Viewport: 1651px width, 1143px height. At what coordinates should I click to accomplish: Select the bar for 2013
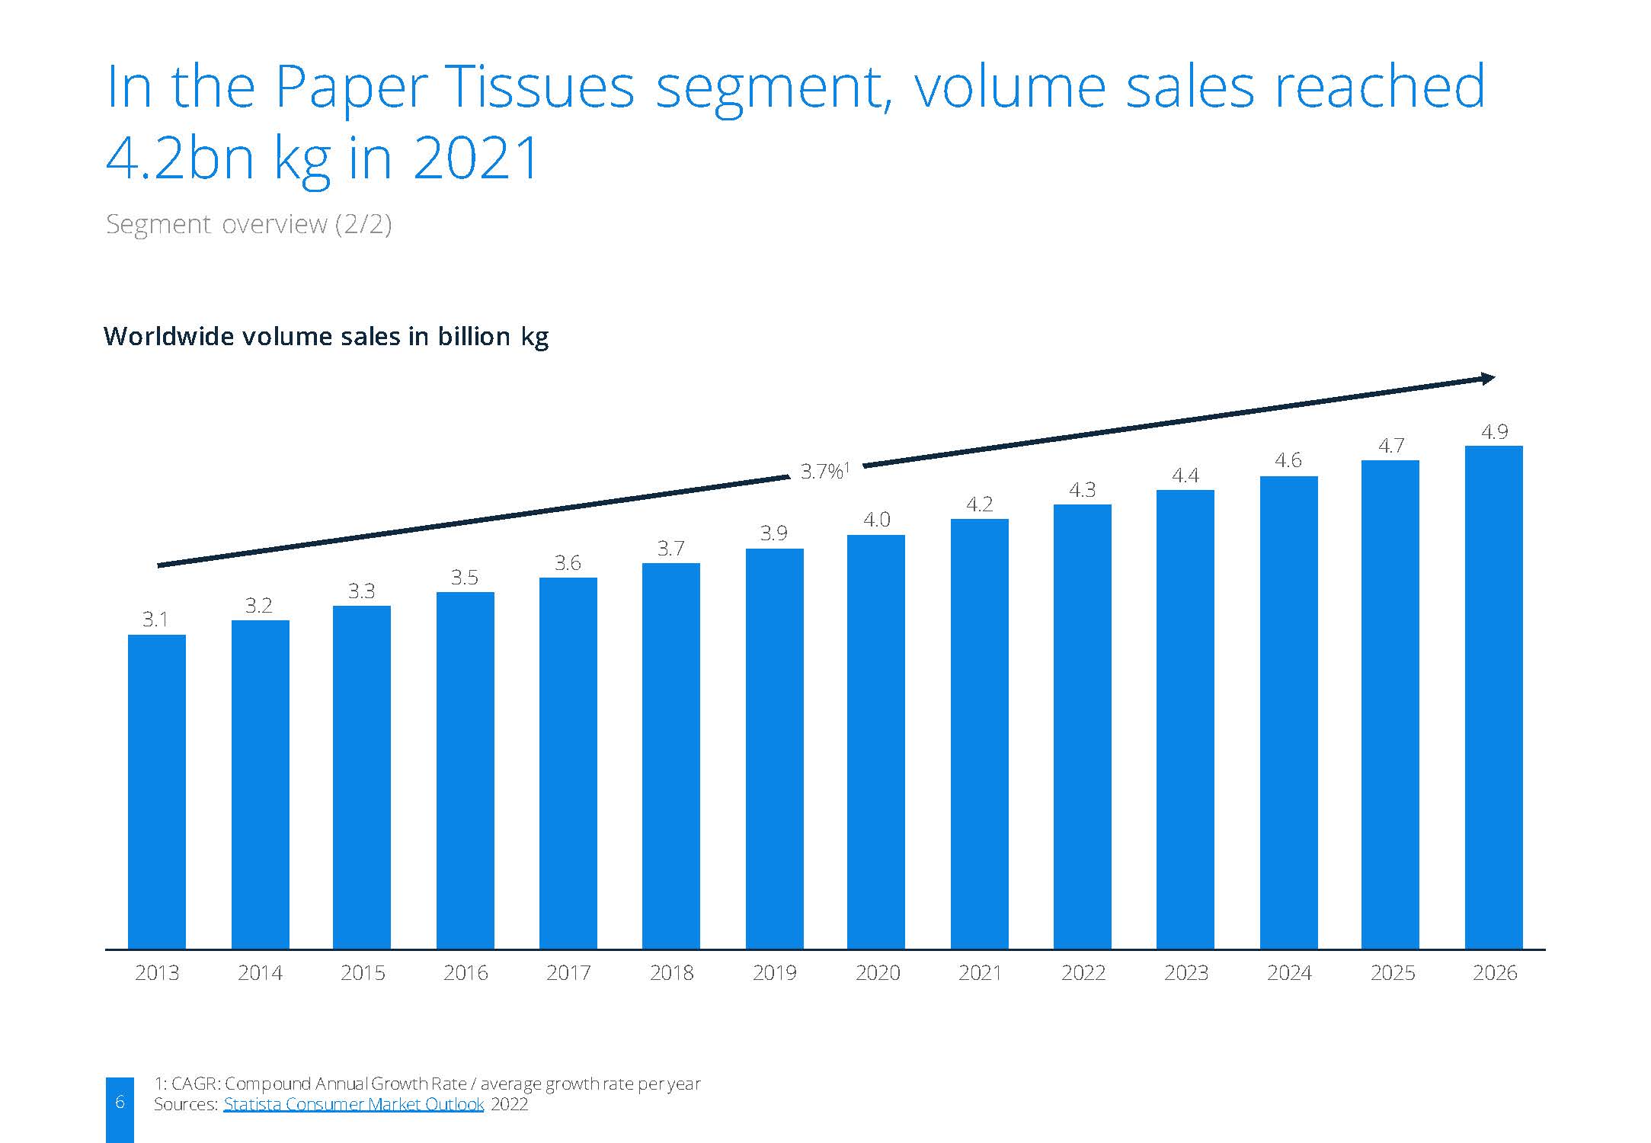(x=156, y=792)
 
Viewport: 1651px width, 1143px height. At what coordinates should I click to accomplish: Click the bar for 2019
(x=774, y=749)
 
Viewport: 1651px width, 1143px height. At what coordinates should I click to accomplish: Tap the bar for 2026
(x=1493, y=697)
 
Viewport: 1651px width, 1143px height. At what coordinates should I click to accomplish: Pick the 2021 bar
(x=979, y=734)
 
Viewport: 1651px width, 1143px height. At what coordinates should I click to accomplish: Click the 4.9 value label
(x=1494, y=432)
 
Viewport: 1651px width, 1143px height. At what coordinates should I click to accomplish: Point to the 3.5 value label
(x=465, y=577)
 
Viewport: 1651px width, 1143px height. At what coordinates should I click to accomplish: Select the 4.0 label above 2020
(x=876, y=520)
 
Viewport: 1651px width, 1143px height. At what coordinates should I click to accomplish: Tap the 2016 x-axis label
(x=466, y=972)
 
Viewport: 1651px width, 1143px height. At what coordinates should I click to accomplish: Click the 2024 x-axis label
(x=1289, y=972)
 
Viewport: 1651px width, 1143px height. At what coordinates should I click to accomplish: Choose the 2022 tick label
(x=1083, y=972)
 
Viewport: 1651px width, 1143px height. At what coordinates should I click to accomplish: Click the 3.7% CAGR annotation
(x=824, y=471)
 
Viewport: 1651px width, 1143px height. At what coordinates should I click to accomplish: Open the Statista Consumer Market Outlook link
(x=354, y=1104)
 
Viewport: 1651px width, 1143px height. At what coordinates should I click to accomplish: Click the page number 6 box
(x=120, y=1109)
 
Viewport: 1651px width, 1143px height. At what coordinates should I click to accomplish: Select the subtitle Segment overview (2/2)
(x=248, y=224)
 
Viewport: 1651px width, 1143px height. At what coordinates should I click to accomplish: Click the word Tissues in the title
(x=542, y=86)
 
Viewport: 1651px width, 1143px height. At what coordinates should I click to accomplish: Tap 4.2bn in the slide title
(x=181, y=158)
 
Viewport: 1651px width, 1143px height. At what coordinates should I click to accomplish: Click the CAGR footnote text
(x=427, y=1084)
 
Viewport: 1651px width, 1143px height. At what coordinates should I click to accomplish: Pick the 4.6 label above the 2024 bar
(x=1288, y=460)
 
